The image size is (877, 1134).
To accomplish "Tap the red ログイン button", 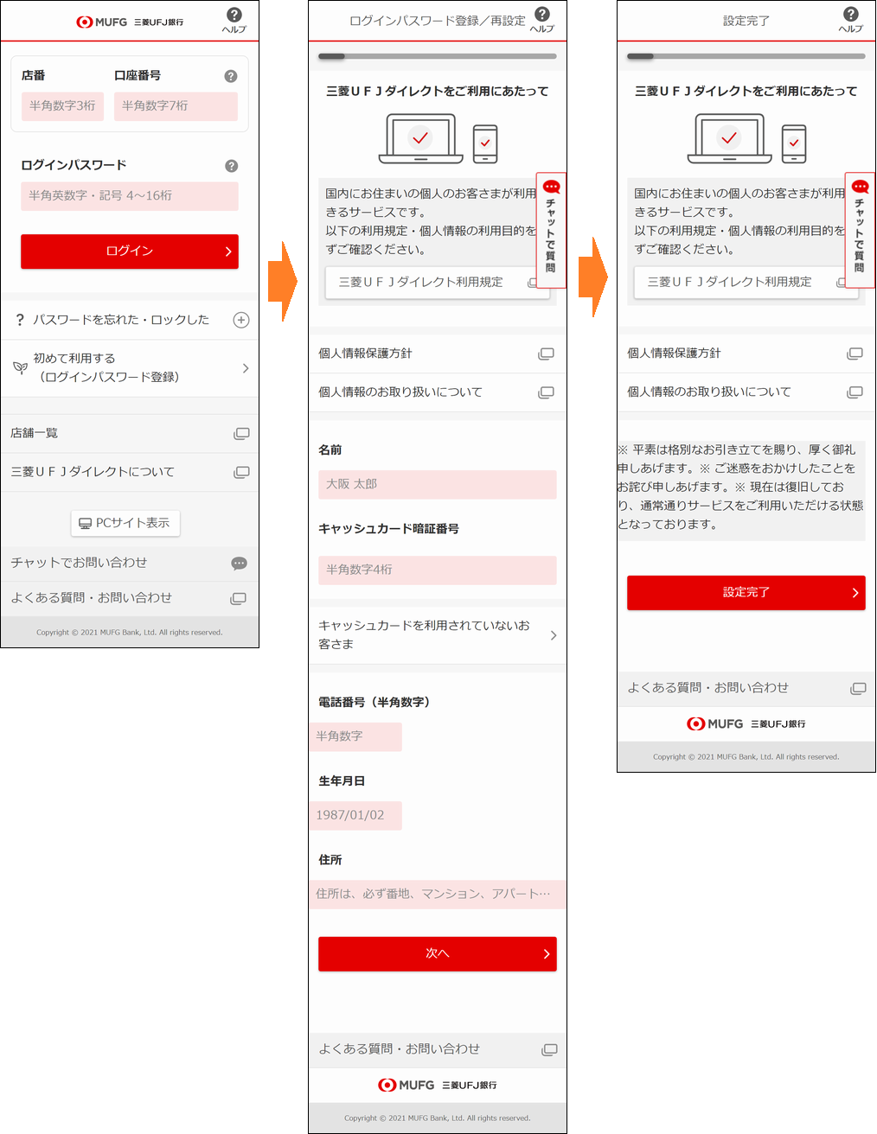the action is point(130,252).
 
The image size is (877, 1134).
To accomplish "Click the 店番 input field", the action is point(62,106).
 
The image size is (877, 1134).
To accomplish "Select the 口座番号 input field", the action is point(176,106).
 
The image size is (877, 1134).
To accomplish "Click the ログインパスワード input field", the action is point(130,196).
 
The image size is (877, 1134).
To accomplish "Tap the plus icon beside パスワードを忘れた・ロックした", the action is point(241,320).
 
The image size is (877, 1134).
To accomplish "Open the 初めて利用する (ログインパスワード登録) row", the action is point(130,368).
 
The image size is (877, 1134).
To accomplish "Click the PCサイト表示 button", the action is point(125,523).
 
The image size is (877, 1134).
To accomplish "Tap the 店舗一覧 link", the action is point(130,433).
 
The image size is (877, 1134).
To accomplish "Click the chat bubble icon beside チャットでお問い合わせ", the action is point(239,563).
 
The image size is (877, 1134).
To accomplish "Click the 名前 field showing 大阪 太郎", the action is point(438,484).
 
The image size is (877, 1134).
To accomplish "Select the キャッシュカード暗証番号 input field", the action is point(438,570).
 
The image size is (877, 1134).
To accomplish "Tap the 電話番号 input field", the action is point(355,736).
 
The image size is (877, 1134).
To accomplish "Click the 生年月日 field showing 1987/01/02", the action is point(355,815).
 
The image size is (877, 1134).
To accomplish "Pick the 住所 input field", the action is point(438,894).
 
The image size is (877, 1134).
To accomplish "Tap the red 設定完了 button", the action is point(746,592).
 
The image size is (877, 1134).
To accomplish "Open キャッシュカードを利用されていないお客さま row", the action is point(438,634).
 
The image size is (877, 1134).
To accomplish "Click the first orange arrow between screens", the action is point(283,281).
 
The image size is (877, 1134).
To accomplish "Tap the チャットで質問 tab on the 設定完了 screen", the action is point(860,230).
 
